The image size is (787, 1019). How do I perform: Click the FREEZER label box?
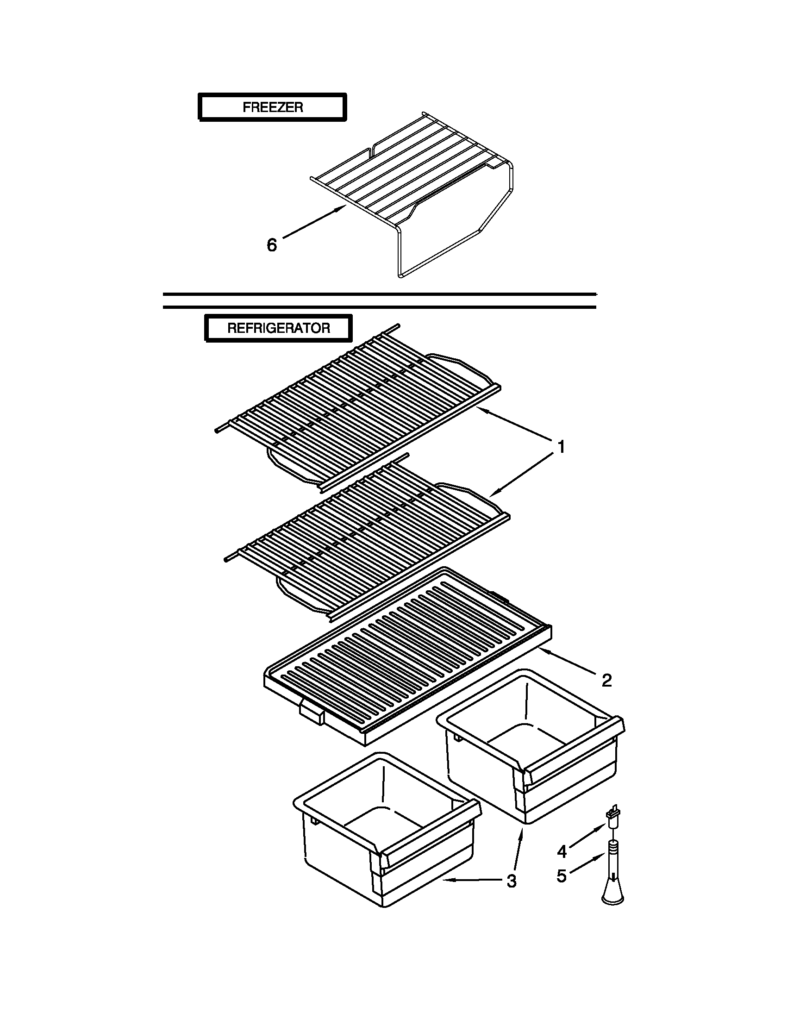click(273, 107)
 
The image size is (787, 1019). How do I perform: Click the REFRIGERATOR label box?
click(279, 328)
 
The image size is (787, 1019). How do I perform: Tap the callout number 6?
click(271, 245)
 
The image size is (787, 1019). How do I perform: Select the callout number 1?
click(562, 447)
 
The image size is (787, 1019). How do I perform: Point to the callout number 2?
click(606, 681)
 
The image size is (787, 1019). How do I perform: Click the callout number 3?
click(511, 881)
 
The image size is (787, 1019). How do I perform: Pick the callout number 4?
click(562, 851)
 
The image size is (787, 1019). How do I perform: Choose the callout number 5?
click(562, 876)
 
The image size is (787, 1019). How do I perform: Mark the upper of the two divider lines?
click(379, 294)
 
